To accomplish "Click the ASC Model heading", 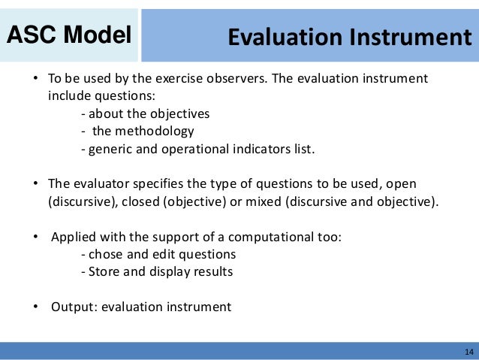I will click(70, 35).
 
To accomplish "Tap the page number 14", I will click(469, 352).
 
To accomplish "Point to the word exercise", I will click(177, 79).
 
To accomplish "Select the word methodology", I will click(156, 131).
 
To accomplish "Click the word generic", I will click(110, 148).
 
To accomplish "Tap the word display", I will click(172, 271).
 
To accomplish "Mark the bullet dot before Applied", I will click(35, 237).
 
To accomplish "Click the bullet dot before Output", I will click(35, 307).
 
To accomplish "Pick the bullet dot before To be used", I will click(35, 80).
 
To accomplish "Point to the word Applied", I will click(74, 237).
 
